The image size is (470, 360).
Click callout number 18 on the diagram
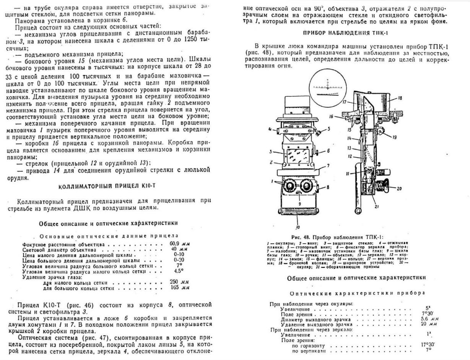coord(400,98)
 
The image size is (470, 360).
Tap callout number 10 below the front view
coord(297,227)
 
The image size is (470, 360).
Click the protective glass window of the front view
coord(298,158)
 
